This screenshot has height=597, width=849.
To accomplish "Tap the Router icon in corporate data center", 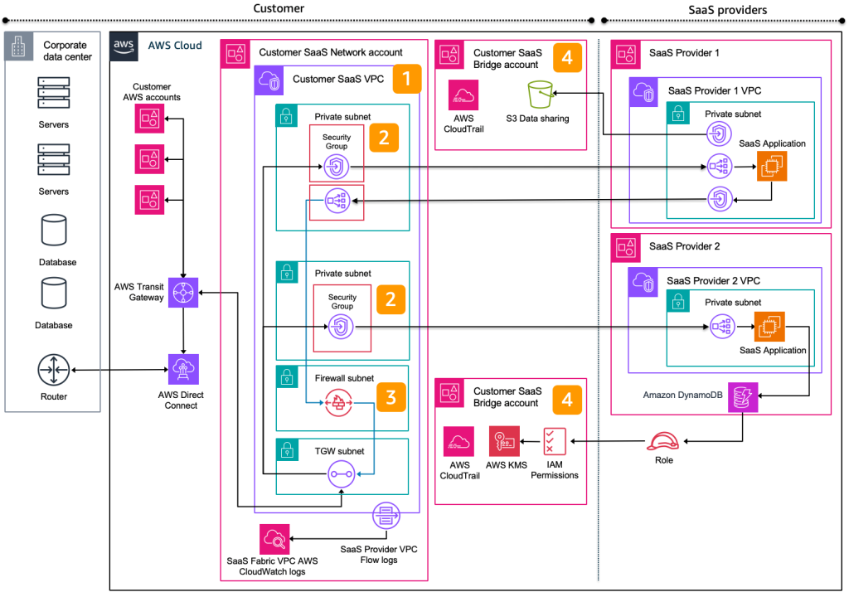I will point(53,367).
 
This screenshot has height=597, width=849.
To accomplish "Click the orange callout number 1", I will point(406,80).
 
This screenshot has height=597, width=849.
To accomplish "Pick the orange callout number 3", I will point(391,397).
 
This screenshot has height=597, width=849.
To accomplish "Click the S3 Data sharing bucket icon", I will point(541,95).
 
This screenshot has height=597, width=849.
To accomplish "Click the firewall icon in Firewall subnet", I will point(337,403).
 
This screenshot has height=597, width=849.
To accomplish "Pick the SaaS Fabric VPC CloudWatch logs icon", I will point(274,539).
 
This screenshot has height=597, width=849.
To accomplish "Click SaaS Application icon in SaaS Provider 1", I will point(771,167).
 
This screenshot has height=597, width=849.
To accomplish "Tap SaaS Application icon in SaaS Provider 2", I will point(769,328).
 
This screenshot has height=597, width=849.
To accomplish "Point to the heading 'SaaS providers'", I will point(727,10).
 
